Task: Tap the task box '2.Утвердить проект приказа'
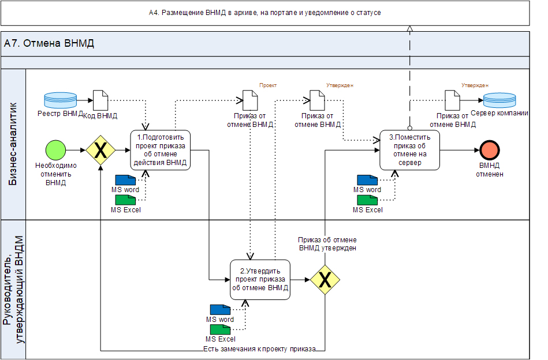[x=260, y=280]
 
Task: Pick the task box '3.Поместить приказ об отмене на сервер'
[x=409, y=150]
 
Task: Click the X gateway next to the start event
[x=100, y=150]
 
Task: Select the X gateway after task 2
[x=325, y=280]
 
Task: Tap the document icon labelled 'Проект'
[x=250, y=100]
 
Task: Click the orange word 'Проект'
[x=268, y=85]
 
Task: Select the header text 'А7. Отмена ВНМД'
[x=49, y=43]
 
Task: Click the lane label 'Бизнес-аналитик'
[x=14, y=144]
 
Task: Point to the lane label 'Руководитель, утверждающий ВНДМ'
[x=14, y=288]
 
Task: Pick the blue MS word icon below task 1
[x=125, y=180]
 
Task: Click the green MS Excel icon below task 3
[x=367, y=200]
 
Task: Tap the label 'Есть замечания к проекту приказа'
[x=259, y=349]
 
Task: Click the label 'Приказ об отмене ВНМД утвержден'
[x=327, y=243]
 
